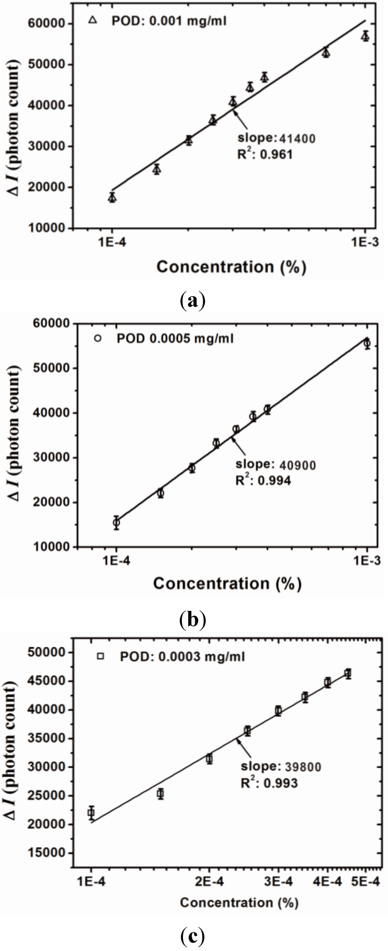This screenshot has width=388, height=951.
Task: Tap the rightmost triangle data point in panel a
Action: point(365,37)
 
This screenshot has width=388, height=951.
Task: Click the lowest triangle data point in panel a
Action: point(112,198)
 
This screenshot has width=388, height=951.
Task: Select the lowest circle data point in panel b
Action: point(116,523)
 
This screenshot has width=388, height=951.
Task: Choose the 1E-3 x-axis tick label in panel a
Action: point(365,242)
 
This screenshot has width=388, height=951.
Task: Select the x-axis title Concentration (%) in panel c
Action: point(239,903)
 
